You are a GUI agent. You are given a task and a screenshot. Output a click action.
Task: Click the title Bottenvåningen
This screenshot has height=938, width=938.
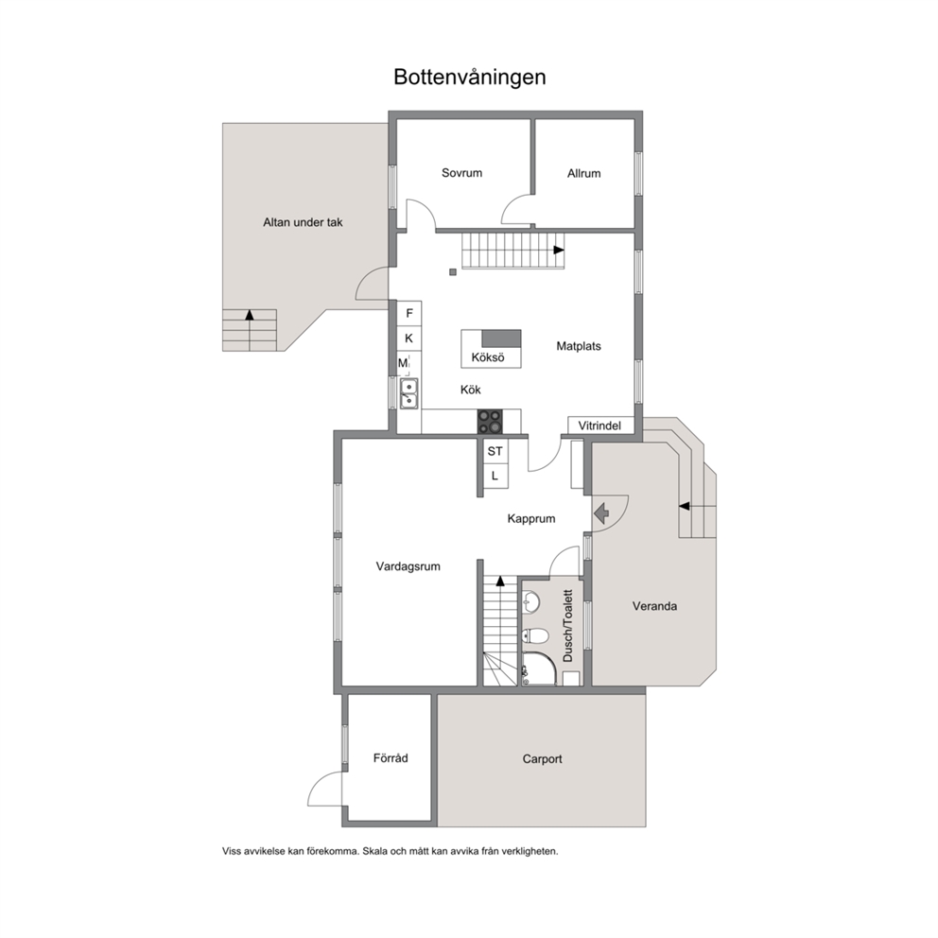coord(470,78)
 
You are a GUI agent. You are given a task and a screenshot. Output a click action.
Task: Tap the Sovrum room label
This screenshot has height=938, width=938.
coord(461,173)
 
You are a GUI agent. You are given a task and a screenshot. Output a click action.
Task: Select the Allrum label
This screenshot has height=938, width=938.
coord(583,173)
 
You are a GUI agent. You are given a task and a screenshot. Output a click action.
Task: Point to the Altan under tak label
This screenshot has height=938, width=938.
coord(303,222)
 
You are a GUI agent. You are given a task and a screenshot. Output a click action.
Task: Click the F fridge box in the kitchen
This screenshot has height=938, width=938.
coord(409,314)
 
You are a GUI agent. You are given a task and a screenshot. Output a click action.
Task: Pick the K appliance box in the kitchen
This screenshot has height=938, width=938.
coord(409,339)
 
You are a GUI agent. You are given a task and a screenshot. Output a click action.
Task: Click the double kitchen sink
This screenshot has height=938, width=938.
coord(409,393)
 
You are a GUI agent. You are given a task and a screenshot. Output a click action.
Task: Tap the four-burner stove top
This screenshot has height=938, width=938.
coord(490,421)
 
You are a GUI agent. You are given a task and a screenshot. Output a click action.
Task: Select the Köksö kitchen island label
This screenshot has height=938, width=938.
coord(488,357)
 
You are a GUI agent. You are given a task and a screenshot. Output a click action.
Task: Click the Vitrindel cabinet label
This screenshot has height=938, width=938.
coord(599,426)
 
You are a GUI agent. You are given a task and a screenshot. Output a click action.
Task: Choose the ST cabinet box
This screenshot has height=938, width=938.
coord(495,451)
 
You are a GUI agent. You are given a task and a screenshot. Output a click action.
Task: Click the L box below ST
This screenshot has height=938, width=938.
coord(495,477)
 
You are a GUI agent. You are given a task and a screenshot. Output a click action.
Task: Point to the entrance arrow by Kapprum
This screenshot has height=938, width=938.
coord(602,512)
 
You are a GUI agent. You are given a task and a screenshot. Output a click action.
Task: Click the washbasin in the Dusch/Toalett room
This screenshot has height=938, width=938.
coord(530,600)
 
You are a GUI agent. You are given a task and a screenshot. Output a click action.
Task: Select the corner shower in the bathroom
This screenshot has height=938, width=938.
coord(538,669)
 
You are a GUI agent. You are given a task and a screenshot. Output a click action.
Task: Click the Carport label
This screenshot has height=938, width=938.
coord(543,759)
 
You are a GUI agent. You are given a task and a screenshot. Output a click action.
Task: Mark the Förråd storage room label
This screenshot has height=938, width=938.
coord(391,758)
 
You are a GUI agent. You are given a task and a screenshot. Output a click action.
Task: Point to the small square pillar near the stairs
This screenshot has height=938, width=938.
coord(453,272)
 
